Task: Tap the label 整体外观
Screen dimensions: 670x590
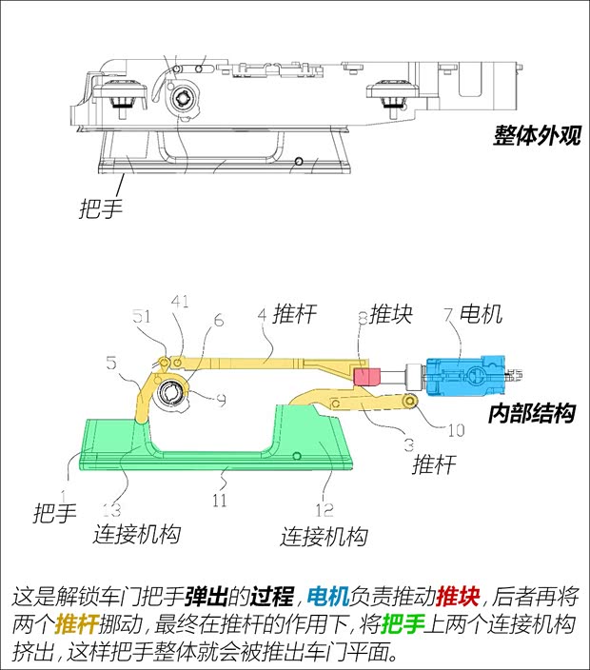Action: pos(536,135)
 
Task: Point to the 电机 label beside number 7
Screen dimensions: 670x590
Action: pos(481,314)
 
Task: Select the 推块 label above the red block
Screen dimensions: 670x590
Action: pos(391,314)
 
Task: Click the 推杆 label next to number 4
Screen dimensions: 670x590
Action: pos(294,313)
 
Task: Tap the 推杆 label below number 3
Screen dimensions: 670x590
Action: pos(433,466)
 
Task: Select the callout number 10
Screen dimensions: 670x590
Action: pos(455,430)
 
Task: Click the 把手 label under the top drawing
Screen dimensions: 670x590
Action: pos(101,208)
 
